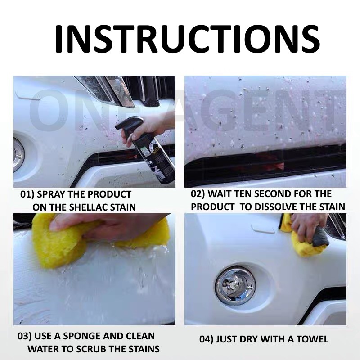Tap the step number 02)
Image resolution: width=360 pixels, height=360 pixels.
tap(198, 194)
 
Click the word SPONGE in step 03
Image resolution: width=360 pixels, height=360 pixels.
tap(81, 336)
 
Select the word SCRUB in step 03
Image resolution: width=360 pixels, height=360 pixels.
tap(92, 349)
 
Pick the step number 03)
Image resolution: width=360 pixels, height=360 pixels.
tap(25, 336)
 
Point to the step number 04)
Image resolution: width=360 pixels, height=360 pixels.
tap(207, 339)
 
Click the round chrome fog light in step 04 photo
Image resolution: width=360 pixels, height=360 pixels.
tap(235, 285)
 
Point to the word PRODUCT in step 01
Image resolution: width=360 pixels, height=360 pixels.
tap(109, 194)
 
